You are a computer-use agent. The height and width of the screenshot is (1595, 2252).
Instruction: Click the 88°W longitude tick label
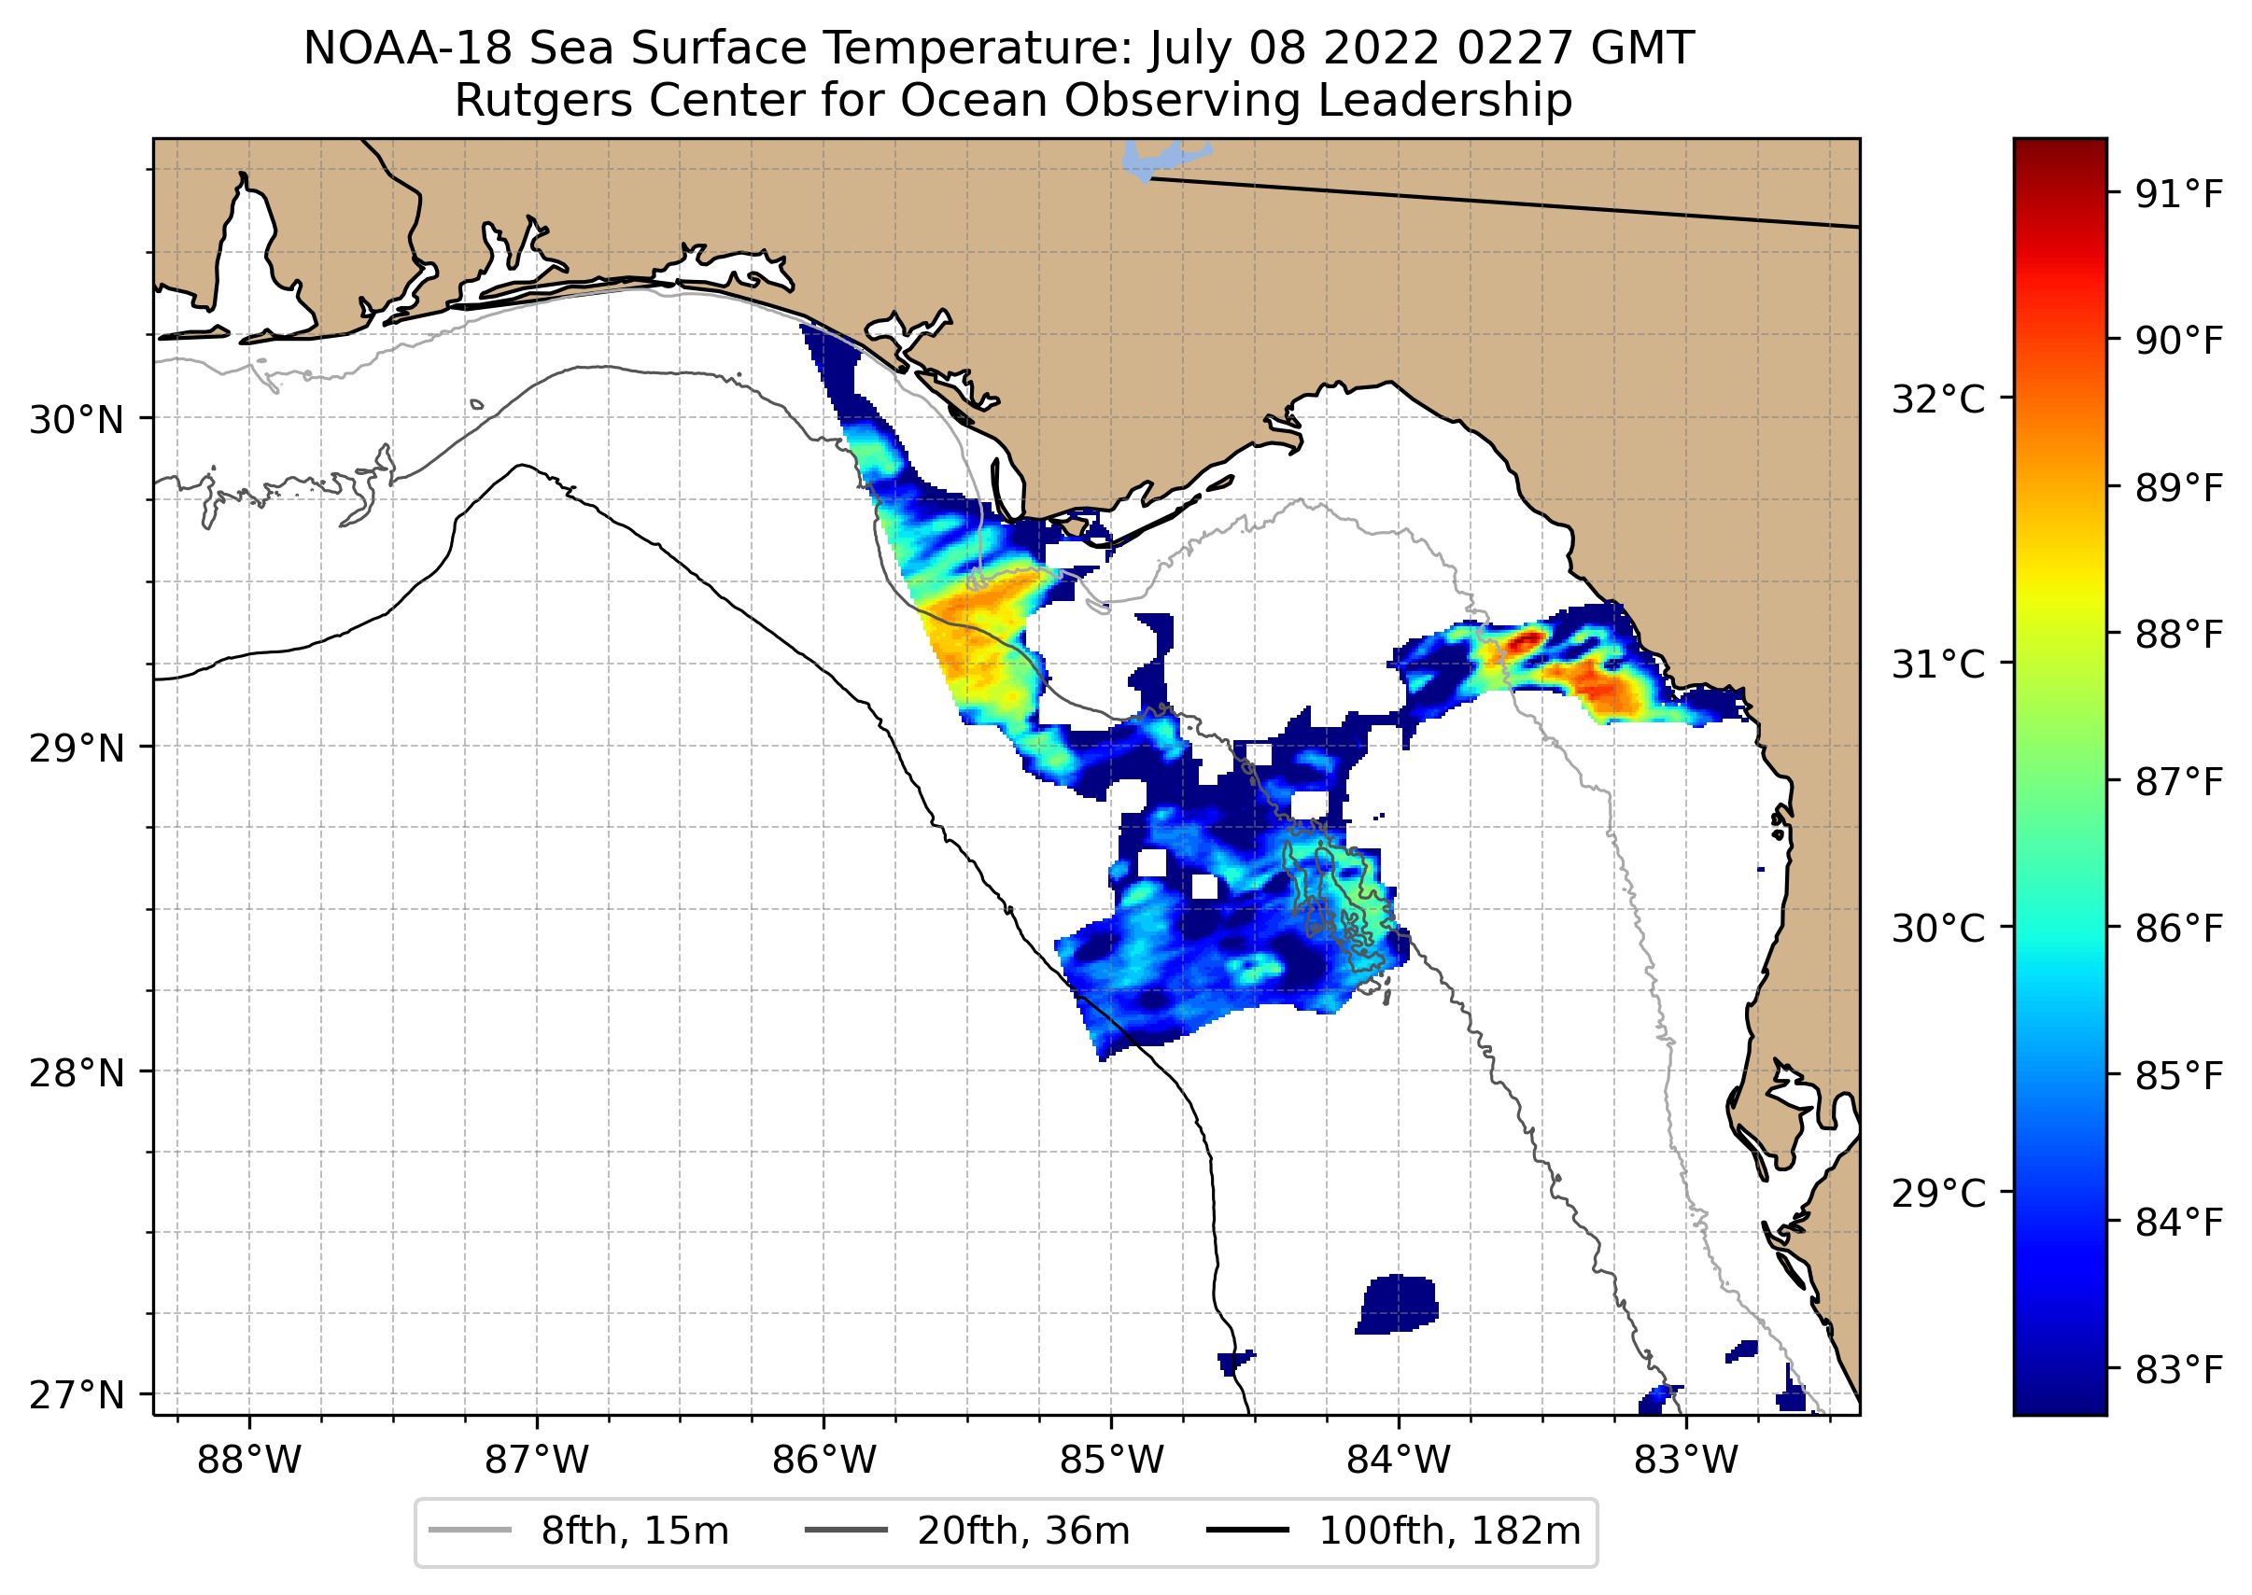point(248,1461)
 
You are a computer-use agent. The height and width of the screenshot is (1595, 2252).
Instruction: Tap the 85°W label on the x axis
point(1111,1461)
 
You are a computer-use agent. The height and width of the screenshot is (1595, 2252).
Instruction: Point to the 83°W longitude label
point(1686,1461)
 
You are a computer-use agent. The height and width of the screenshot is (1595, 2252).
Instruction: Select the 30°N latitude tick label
point(77,420)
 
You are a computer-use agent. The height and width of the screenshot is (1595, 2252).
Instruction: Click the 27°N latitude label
point(77,1394)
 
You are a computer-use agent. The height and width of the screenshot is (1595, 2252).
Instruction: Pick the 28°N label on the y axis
point(77,1073)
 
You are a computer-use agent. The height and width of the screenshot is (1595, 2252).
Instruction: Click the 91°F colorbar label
point(2178,195)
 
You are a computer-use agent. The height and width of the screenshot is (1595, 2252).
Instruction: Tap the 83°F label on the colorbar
point(2178,1369)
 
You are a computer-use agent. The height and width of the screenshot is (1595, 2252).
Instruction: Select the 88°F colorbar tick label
point(2178,636)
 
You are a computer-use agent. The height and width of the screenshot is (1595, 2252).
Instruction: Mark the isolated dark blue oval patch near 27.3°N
point(1397,1303)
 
